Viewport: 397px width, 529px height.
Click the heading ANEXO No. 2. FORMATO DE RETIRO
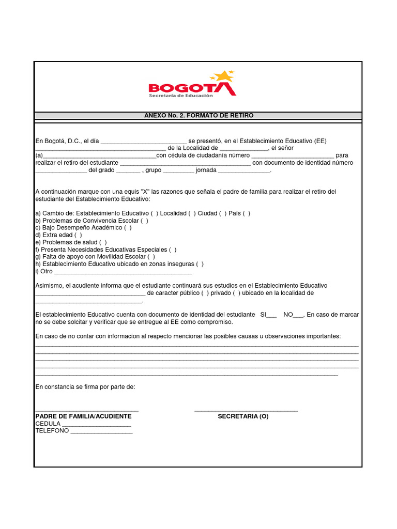[x=199, y=116]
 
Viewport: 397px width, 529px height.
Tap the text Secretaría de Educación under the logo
[x=180, y=96]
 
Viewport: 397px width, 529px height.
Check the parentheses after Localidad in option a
[x=191, y=213]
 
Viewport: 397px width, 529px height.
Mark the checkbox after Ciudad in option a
[x=223, y=213]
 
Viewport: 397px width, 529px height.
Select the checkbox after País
[x=247, y=213]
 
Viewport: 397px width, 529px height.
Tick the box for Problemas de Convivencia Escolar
[x=144, y=221]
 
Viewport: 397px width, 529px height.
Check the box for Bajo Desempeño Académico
[x=128, y=228]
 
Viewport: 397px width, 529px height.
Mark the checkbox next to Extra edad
[x=78, y=235]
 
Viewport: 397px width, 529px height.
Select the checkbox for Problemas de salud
[x=103, y=242]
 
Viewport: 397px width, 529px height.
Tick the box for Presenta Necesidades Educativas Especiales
[x=173, y=250]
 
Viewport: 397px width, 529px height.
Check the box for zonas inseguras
[x=200, y=264]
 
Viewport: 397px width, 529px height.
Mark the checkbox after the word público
[x=205, y=293]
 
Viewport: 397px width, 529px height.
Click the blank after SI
[x=271, y=315]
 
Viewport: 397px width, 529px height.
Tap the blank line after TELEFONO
[x=101, y=431]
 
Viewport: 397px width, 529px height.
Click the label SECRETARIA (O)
[x=243, y=416]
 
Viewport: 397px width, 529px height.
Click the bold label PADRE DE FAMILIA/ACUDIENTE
[x=83, y=416]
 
